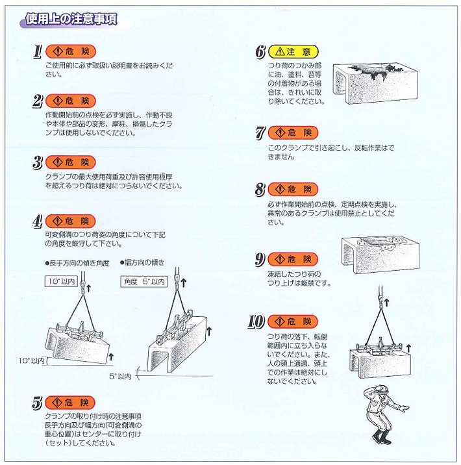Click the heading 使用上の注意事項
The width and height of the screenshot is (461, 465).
tap(71, 20)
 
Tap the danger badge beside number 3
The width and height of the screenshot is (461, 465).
tap(73, 162)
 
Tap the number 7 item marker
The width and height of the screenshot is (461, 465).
tap(259, 133)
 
